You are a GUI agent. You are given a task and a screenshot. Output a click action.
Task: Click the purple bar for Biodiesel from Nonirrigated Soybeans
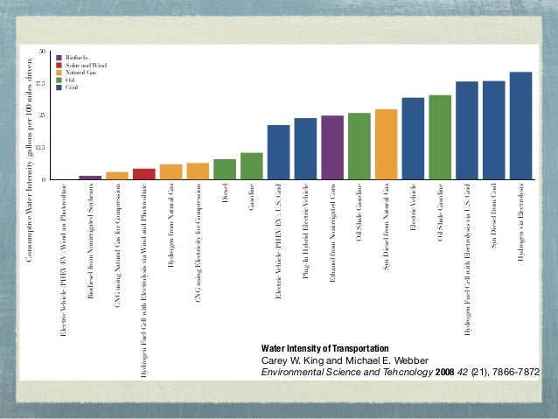(90, 177)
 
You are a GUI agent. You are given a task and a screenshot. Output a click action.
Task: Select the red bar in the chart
(143, 173)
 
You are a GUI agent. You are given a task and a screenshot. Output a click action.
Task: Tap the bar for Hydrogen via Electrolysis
(520, 126)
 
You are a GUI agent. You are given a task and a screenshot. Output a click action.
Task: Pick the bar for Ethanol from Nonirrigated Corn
(332, 147)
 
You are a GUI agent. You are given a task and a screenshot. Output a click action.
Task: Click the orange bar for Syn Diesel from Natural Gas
(386, 144)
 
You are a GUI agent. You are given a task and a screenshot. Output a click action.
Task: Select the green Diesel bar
(225, 169)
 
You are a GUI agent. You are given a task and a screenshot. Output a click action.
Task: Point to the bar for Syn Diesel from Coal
(493, 130)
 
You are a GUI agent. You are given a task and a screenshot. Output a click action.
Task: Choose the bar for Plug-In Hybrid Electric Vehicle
(305, 149)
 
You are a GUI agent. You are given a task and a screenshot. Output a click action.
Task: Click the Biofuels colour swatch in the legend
(59, 57)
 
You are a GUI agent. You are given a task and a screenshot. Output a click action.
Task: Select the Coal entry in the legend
(73, 88)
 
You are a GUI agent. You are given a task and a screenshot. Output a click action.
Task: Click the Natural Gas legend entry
(81, 73)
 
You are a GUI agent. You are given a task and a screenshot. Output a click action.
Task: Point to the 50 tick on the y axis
(41, 51)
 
